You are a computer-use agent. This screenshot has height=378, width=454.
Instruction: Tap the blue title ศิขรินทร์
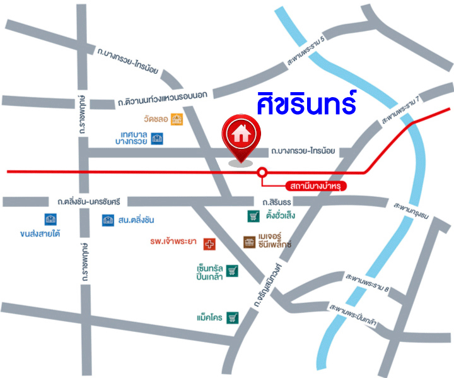(x=306, y=103)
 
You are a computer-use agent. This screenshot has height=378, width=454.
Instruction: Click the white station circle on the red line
(x=262, y=172)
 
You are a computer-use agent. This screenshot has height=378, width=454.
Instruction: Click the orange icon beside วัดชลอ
(x=178, y=119)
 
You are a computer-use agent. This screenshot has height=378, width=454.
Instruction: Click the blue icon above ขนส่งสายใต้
(x=50, y=220)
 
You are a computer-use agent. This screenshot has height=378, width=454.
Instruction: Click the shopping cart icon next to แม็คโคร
(x=233, y=317)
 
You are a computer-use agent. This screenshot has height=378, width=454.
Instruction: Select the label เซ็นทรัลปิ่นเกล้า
(x=211, y=273)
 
